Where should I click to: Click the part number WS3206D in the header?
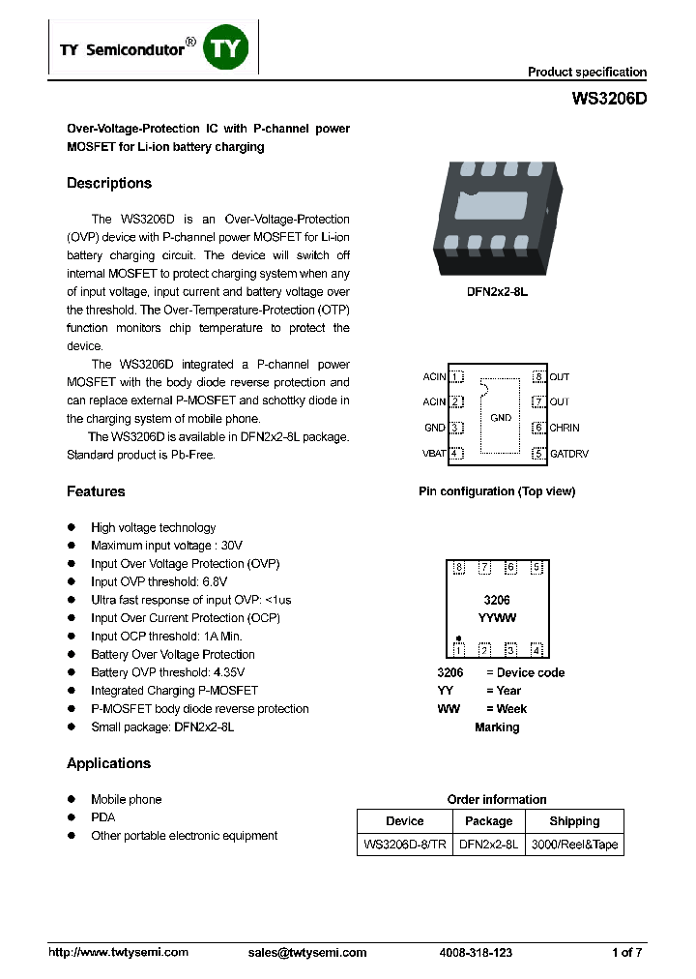click(609, 99)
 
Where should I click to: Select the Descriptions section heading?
click(109, 184)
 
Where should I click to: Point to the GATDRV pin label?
click(568, 453)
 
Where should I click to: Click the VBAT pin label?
click(434, 453)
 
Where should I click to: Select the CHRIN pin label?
click(565, 428)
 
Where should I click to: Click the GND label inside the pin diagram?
click(501, 418)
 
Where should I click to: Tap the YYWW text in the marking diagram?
click(497, 617)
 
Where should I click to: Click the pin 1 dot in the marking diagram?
click(458, 638)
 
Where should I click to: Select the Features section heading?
click(96, 491)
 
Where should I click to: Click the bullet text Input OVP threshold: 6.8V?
click(159, 581)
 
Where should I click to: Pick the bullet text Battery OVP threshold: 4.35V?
click(167, 672)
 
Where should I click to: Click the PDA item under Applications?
click(102, 817)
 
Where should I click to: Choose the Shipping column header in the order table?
click(574, 821)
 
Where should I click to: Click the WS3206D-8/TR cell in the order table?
click(404, 845)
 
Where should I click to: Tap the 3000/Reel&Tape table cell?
click(574, 845)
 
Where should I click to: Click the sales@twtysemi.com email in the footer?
click(307, 953)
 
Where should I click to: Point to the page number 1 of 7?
click(626, 953)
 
